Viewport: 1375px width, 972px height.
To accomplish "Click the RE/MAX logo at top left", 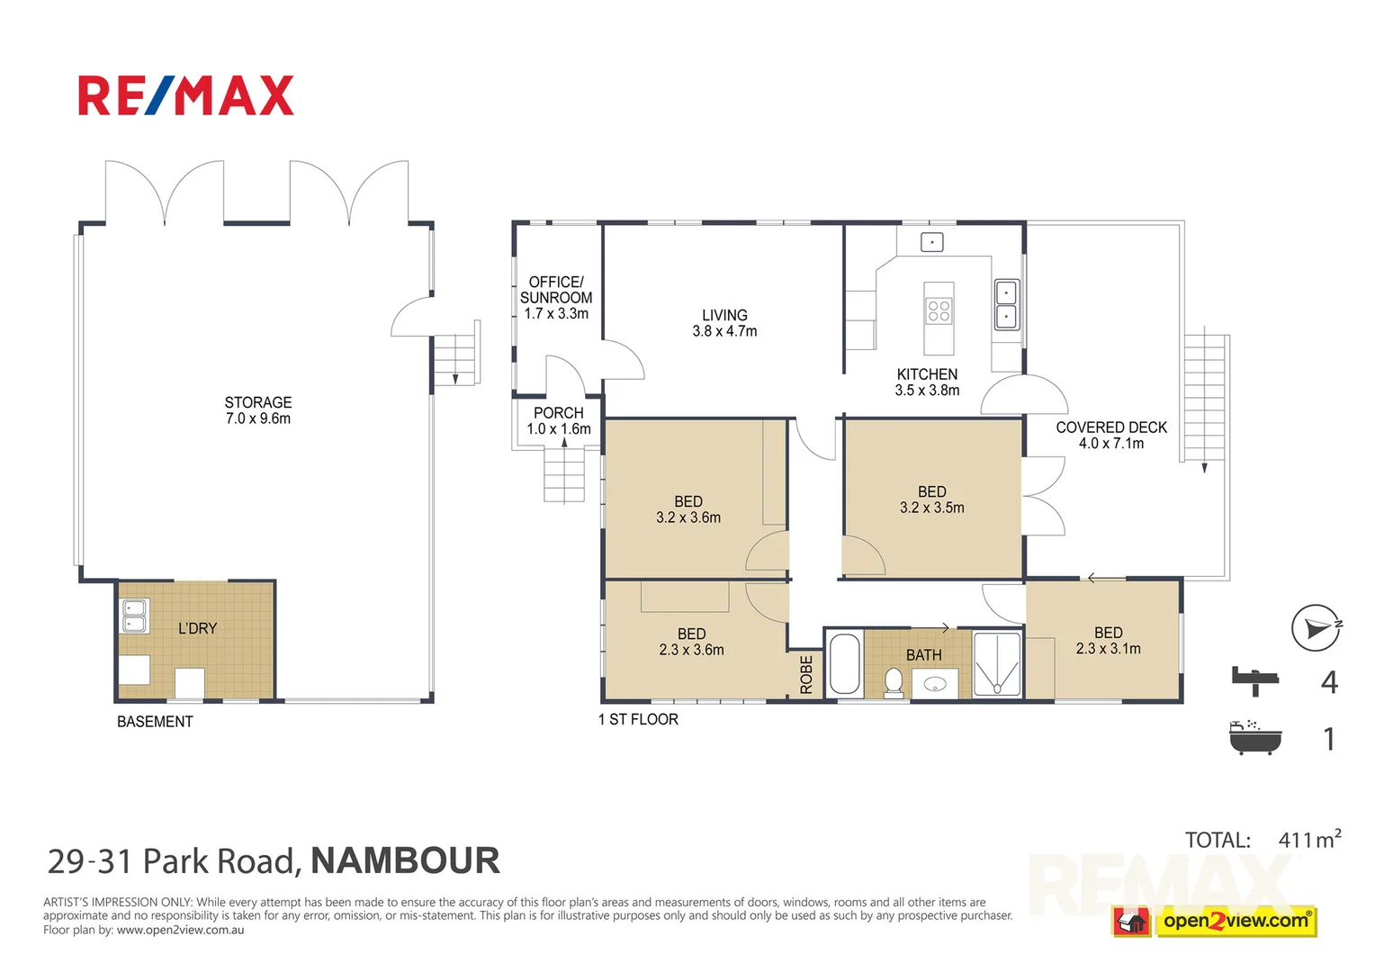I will [186, 96].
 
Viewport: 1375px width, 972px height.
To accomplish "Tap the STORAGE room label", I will [258, 402].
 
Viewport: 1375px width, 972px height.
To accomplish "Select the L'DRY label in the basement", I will [197, 628].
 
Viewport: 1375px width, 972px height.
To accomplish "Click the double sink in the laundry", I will [135, 616].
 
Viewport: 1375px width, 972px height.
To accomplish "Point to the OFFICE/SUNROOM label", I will [556, 290].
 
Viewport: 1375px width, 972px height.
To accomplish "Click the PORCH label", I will [559, 413].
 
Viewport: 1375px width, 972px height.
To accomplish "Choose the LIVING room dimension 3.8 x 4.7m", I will [724, 331].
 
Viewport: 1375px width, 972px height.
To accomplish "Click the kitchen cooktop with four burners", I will [939, 311].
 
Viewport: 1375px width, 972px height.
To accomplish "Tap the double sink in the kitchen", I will [1006, 305].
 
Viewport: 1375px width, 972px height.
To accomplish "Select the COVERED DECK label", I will [1111, 427].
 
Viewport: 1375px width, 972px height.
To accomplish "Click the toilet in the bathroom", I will [894, 682].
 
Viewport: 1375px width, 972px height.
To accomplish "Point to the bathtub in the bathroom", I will [844, 664].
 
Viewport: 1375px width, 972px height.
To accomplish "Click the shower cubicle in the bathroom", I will [997, 665].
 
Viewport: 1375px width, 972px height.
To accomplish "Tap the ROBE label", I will [806, 675].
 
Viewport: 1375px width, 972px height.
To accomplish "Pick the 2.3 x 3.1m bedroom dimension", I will [1108, 649].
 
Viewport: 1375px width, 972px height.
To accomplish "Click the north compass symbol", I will [1316, 627].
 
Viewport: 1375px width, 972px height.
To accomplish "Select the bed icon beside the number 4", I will [1255, 679].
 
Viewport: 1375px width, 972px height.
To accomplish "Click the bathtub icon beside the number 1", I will [1254, 737].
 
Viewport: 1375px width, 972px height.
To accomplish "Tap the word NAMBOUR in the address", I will [405, 861].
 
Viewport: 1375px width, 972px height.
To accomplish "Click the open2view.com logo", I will [1235, 921].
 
